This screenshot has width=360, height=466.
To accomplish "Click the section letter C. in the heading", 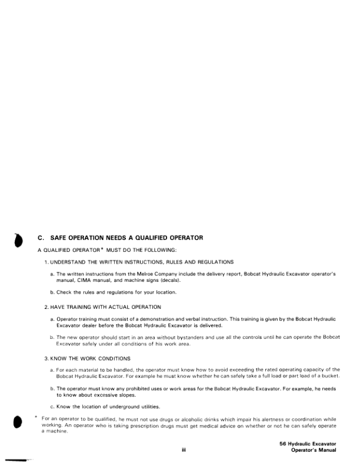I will [x=41, y=238].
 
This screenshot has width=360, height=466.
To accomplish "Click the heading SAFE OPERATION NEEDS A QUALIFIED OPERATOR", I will [x=127, y=238].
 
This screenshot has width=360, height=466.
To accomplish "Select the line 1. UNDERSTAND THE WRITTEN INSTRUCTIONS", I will [x=139, y=261].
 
